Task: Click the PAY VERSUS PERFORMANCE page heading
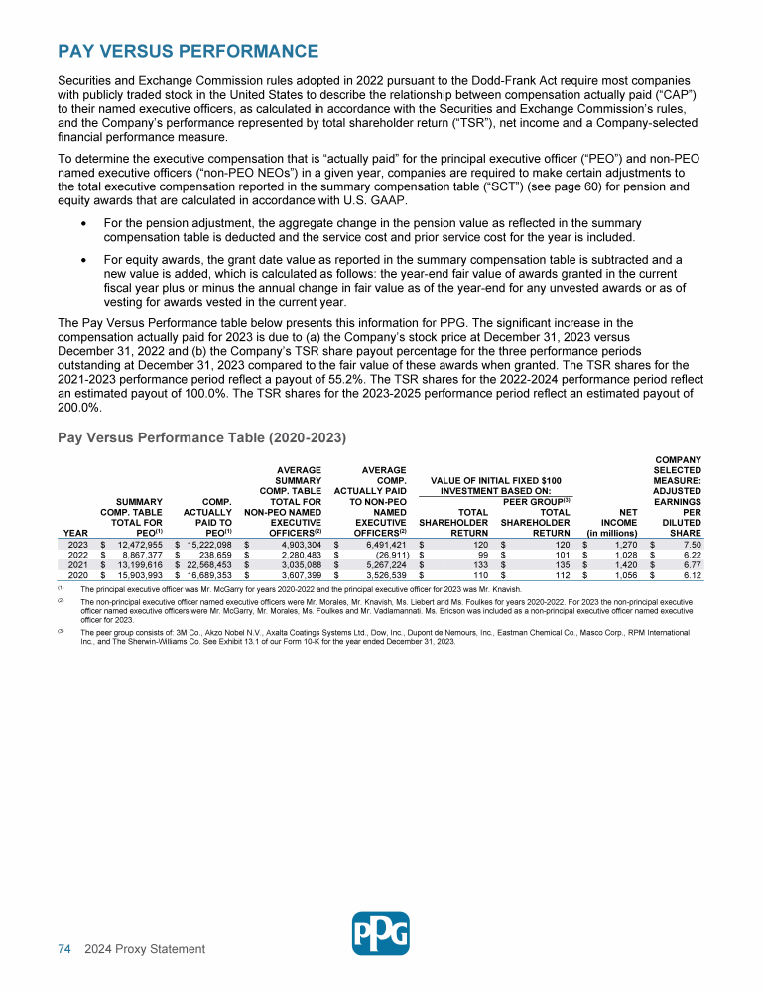(x=188, y=51)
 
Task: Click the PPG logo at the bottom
(x=381, y=932)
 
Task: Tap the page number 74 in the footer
(x=63, y=949)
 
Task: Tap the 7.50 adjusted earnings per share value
(x=693, y=545)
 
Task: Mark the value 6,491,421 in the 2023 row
(x=382, y=545)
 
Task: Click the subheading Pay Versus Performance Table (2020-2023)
(x=201, y=436)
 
